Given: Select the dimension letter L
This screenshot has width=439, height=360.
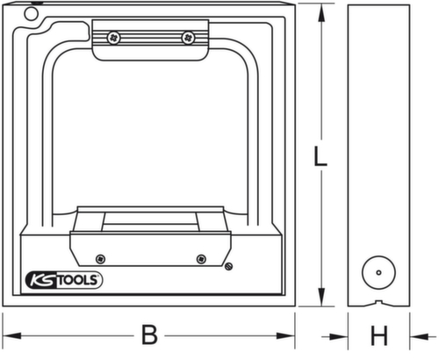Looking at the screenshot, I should click(321, 158).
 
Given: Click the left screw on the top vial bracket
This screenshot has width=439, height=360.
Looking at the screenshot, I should click(112, 37).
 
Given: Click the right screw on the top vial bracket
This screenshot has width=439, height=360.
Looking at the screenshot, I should click(187, 37).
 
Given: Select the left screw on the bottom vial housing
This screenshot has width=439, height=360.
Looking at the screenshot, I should click(100, 258).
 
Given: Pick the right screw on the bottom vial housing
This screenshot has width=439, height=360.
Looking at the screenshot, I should click(201, 258).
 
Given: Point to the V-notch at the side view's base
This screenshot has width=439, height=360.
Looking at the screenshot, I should click(378, 305).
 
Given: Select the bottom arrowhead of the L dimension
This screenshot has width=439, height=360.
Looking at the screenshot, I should click(323, 303).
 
